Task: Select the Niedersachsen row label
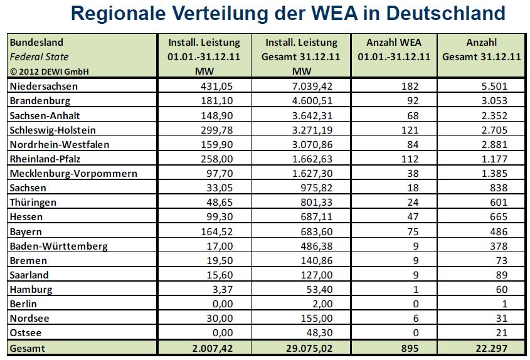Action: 44,86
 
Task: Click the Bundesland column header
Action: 36,43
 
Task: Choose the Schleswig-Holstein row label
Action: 52,130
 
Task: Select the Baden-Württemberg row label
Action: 59,246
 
